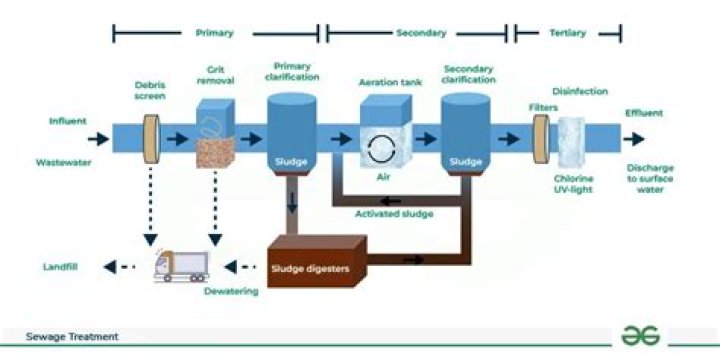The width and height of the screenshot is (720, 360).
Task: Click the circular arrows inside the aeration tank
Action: pyautogui.click(x=379, y=149)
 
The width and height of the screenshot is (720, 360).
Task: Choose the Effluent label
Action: pyautogui.click(x=644, y=113)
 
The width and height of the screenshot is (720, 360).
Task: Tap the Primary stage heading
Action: pyautogui.click(x=214, y=33)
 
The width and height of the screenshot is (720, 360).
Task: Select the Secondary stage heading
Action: pyautogui.click(x=421, y=33)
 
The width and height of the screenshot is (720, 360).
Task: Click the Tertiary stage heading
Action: pyautogui.click(x=568, y=33)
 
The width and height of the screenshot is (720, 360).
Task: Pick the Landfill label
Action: pyautogui.click(x=61, y=267)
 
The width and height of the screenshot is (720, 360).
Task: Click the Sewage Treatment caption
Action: pyautogui.click(x=72, y=337)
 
